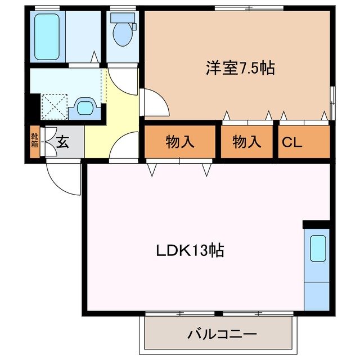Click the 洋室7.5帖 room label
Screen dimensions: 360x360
239,69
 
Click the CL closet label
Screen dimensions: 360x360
292,142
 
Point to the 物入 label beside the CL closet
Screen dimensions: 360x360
247,142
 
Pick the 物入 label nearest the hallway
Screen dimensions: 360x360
180,142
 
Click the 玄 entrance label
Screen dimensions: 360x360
62,142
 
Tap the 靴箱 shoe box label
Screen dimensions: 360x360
34,141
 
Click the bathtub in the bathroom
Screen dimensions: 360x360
47,36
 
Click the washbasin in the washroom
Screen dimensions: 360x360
84,106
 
